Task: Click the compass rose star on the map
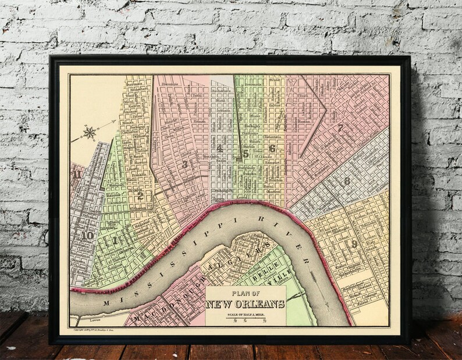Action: point(90,133)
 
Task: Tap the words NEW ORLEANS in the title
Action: point(244,304)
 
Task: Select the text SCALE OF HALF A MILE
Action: point(244,313)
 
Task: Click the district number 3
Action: point(184,165)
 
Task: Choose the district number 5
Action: point(246,154)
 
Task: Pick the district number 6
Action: point(271,148)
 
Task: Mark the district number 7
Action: point(356,128)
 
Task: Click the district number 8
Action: point(347,181)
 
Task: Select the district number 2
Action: point(140,196)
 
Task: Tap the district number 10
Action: point(88,236)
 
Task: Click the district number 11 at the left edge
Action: point(76,174)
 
